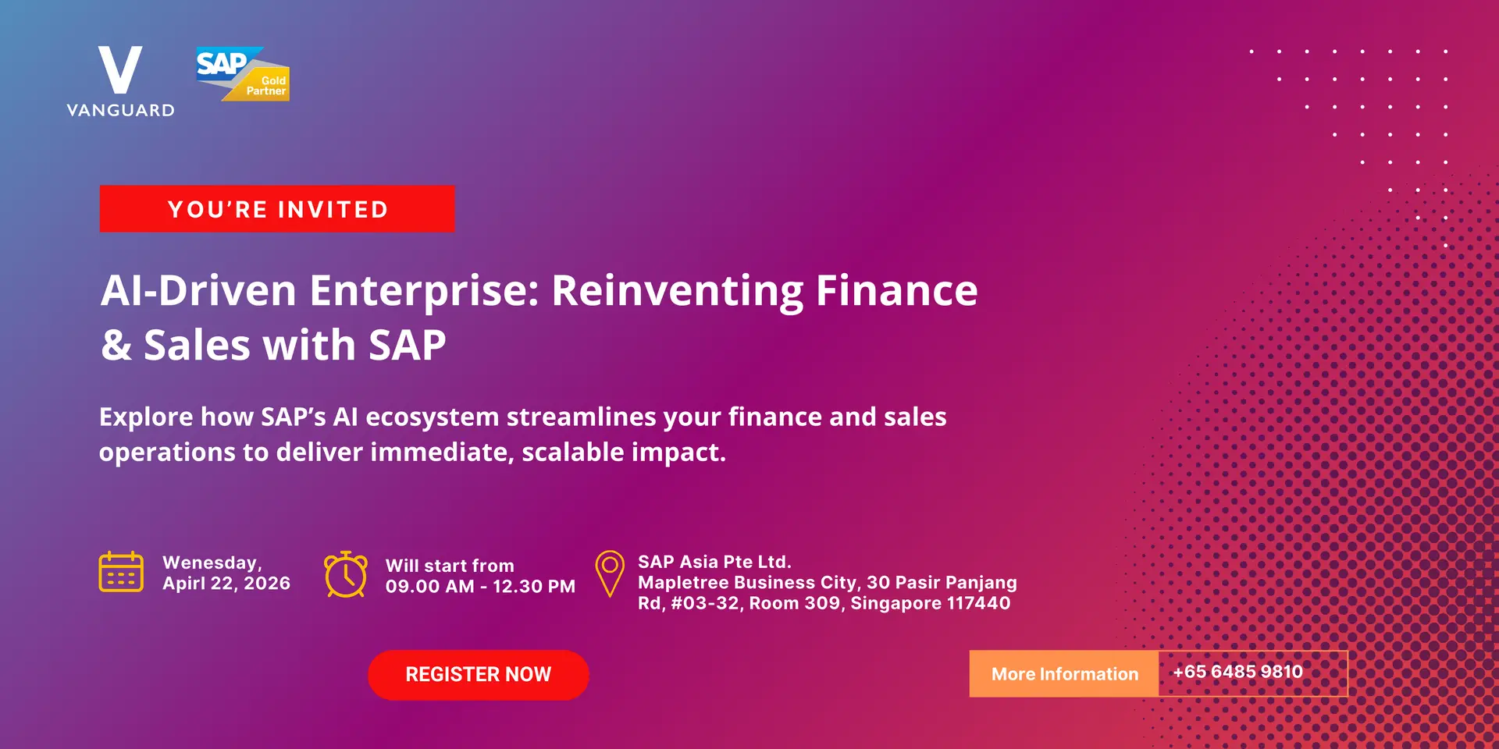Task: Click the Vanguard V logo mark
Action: coord(120,69)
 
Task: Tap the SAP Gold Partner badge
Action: coord(243,74)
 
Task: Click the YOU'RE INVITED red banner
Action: coord(277,208)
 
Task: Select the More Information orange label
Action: coord(1064,673)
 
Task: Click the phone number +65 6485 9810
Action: coord(1237,672)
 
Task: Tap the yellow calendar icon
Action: coord(121,572)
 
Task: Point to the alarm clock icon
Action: coord(346,574)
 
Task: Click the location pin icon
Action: coord(610,573)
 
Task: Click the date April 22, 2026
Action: coord(226,584)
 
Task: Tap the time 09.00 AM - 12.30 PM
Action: coord(480,587)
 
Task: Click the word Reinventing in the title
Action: coord(677,292)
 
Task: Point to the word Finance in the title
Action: coord(897,290)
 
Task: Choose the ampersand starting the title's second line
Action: coord(116,345)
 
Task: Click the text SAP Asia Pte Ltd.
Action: coord(714,562)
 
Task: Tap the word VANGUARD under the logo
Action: coord(121,110)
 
